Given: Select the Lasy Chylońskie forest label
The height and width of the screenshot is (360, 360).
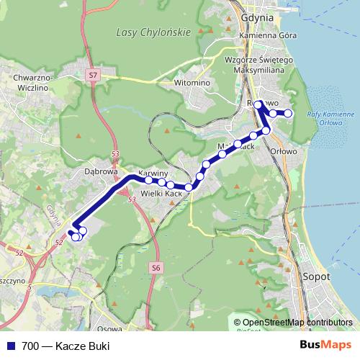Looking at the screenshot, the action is (x=153, y=32).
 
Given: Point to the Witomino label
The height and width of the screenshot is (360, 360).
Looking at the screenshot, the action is (x=192, y=83).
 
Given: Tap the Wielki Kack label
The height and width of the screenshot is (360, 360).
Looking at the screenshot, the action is (x=161, y=194).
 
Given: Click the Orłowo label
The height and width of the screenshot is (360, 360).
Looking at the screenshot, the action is (x=283, y=151).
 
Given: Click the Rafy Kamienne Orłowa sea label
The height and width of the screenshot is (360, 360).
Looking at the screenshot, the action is (x=330, y=117).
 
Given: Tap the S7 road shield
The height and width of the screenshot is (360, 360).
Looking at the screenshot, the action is (x=93, y=74).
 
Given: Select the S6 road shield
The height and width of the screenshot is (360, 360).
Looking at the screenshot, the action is (x=156, y=267).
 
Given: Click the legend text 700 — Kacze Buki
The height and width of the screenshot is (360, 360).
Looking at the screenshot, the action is (x=66, y=346).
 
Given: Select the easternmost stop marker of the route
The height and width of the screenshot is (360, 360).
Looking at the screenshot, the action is (x=288, y=113).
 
